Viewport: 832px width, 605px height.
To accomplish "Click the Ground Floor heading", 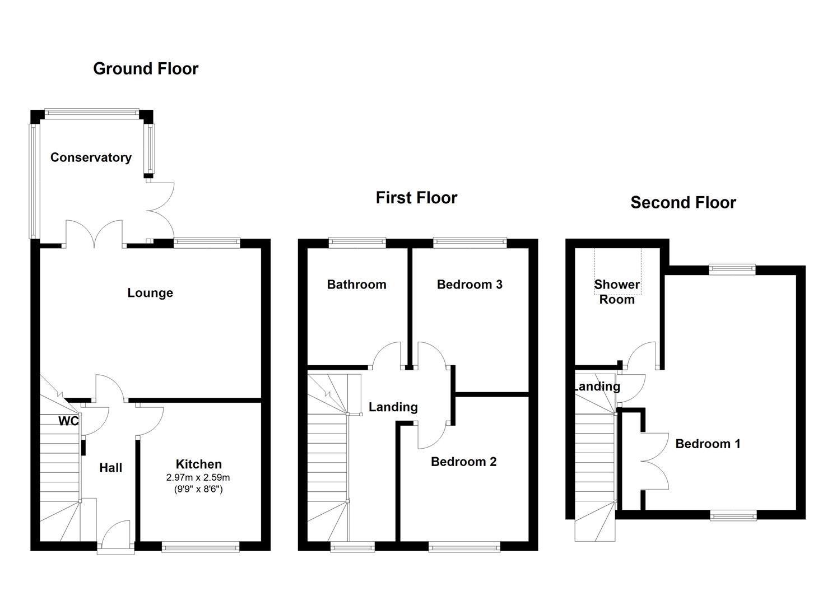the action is (146, 68).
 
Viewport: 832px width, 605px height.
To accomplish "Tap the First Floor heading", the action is (416, 198).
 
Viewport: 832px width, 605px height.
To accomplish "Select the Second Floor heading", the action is (683, 202).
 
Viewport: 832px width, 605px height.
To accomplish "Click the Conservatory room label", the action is (91, 157).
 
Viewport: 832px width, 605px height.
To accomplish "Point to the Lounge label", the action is (150, 293).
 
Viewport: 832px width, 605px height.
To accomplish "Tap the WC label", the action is (69, 421).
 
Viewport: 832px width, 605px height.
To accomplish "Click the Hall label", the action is (111, 468).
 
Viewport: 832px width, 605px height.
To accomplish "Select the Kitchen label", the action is (199, 464).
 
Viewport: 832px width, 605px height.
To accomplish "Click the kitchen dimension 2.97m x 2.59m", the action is (198, 478).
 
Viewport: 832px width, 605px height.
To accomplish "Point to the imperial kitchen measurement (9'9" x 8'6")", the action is (198, 489).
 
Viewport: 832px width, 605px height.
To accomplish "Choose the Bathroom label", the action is (356, 285).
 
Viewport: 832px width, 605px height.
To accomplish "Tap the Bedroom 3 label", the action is (470, 285).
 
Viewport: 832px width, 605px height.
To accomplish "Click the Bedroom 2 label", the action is (463, 462).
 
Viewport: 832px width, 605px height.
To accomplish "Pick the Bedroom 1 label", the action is (708, 444).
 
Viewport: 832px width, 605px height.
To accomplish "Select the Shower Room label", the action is (617, 292).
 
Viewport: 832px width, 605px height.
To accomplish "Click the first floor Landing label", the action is (393, 407).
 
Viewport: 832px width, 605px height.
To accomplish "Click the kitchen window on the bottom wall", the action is (201, 547).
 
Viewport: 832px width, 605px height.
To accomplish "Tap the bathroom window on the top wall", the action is (357, 243).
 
